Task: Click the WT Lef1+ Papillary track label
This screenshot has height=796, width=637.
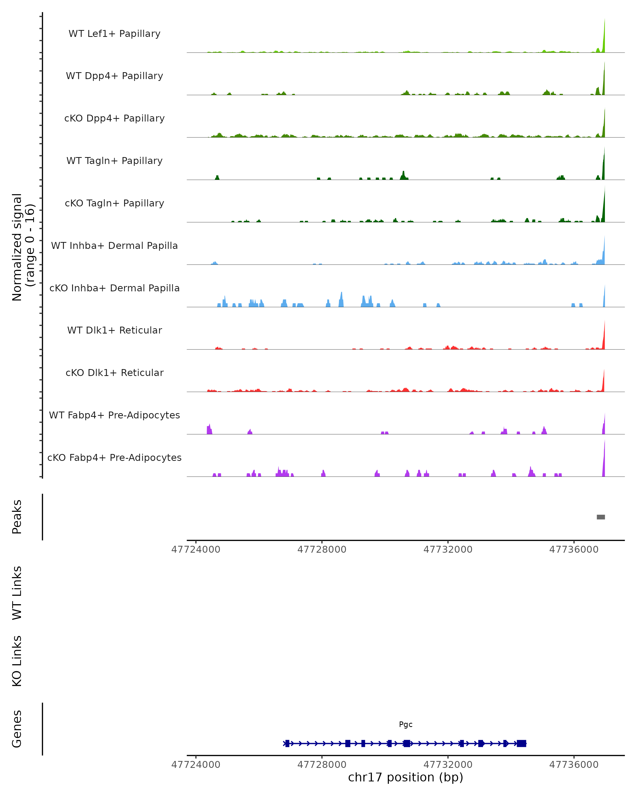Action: pos(114,34)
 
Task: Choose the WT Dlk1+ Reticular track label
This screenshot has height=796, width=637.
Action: pos(114,330)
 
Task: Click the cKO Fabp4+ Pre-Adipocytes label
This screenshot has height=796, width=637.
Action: pos(114,457)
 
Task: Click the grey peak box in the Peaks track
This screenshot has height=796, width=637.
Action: pos(601,517)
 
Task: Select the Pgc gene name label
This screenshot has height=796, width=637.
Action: pos(406,724)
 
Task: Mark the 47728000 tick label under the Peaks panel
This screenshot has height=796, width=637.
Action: pos(322,550)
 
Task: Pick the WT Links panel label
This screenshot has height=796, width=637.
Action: pos(17,592)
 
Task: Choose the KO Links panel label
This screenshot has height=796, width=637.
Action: pos(17,661)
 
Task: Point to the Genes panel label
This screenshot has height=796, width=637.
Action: pos(17,729)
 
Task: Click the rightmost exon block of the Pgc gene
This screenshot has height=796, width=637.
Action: pos(522,743)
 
